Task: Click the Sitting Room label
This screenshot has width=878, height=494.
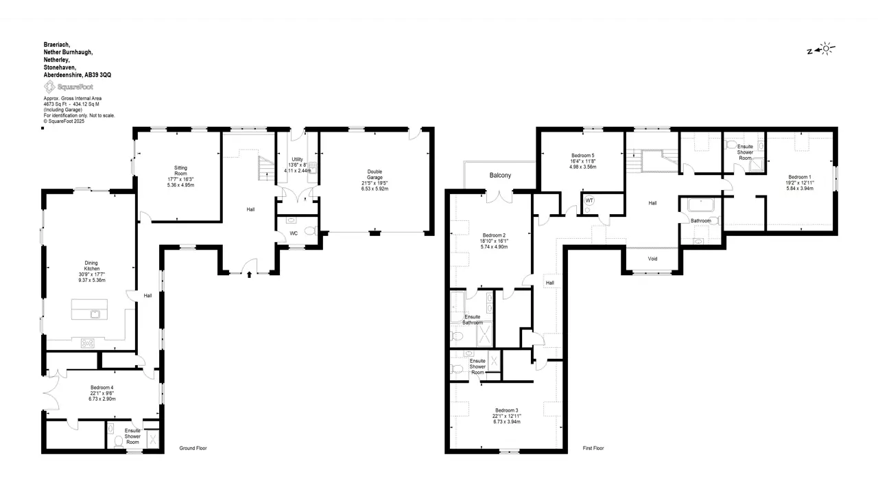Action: (x=180, y=171)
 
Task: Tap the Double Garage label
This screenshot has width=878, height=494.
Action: (x=375, y=174)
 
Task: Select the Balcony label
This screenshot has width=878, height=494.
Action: (x=500, y=175)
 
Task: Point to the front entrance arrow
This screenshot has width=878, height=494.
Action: (x=249, y=274)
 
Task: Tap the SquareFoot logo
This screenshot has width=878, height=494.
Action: (x=69, y=86)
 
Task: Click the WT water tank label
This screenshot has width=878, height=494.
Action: (x=589, y=200)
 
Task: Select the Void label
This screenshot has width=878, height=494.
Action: (x=652, y=259)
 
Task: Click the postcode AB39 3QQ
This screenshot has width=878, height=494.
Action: (x=98, y=75)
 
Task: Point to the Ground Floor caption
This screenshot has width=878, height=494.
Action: (x=193, y=448)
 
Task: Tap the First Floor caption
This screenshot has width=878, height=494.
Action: (x=593, y=448)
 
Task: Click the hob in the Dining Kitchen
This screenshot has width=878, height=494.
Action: (x=88, y=344)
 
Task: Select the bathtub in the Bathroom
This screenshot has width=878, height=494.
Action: (x=701, y=205)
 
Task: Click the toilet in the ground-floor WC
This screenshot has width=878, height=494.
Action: (x=311, y=231)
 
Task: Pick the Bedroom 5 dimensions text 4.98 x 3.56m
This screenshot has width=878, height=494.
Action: (x=583, y=167)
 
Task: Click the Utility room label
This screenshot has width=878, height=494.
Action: (x=298, y=159)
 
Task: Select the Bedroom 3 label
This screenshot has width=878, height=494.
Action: (x=506, y=410)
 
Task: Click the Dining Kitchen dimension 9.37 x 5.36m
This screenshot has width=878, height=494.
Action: (x=92, y=281)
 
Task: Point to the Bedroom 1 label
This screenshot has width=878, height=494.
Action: (x=800, y=177)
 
